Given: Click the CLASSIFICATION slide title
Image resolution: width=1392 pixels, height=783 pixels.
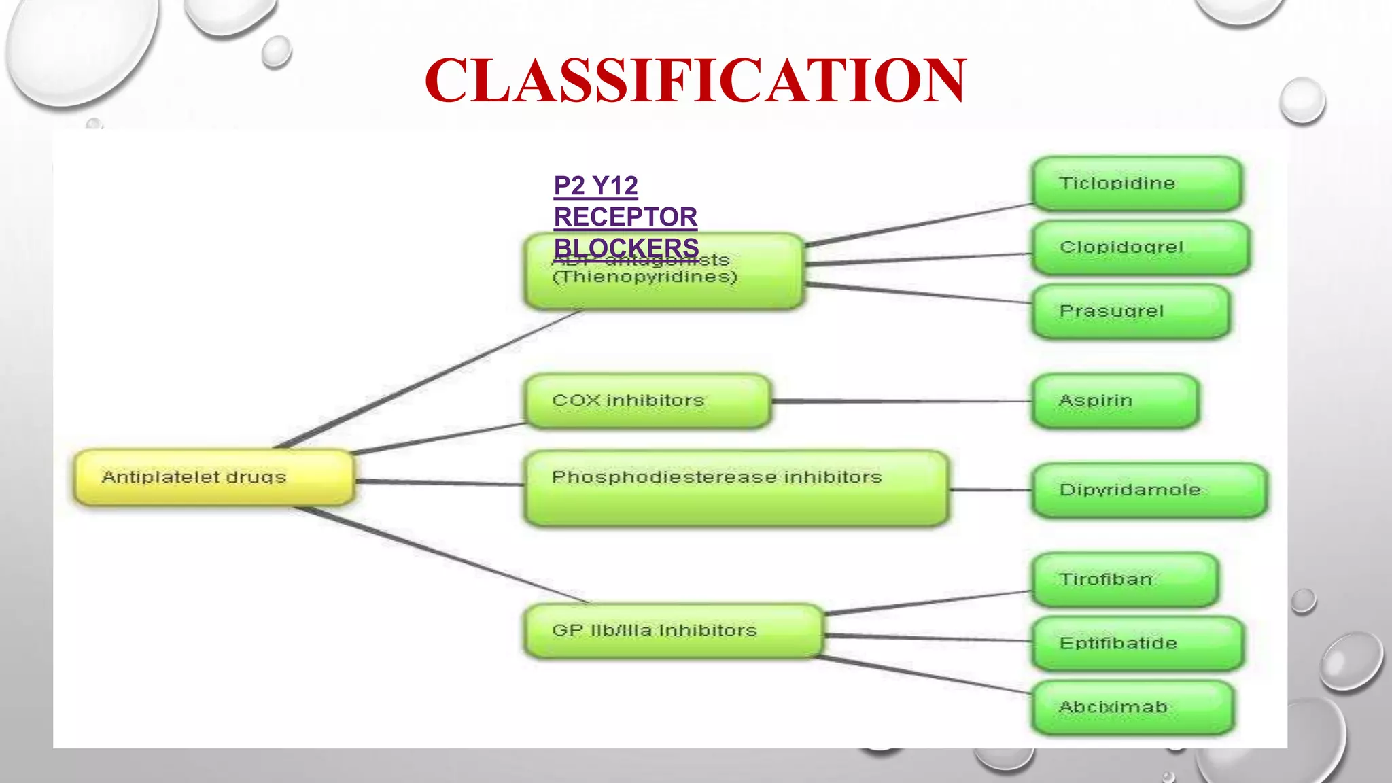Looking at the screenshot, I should tap(695, 80).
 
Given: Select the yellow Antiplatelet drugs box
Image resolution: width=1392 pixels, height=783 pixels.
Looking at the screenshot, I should tap(213, 477).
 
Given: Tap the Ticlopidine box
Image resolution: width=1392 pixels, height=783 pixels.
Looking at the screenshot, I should tap(1136, 183).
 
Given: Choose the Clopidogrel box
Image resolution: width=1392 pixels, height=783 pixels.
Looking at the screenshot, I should tap(1139, 247).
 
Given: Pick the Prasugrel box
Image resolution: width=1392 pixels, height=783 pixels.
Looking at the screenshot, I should tap(1130, 311).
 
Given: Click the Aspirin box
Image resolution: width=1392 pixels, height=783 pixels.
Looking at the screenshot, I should tap(1115, 400).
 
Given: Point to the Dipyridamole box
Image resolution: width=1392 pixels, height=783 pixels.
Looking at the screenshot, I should tap(1149, 490).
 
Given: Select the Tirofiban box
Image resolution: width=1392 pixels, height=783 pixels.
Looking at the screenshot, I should tap(1124, 579).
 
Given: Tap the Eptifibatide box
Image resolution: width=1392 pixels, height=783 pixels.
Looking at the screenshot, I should tap(1136, 643).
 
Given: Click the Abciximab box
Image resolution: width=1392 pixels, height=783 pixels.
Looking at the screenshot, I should tap(1132, 707).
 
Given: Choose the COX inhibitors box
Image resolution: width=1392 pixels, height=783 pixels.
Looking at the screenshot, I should tap(648, 400).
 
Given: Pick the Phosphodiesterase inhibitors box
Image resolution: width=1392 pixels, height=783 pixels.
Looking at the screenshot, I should tap(736, 488).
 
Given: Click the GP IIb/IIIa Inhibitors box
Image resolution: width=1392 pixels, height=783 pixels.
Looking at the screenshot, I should tap(673, 631).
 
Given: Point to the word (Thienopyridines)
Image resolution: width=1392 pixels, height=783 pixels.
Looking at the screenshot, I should tap(644, 277).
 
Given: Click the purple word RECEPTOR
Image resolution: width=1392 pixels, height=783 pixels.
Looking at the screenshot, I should tap(625, 217).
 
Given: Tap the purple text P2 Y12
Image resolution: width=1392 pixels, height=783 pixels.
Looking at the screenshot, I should tap(595, 186).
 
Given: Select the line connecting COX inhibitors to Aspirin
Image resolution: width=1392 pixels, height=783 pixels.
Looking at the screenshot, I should tap(901, 401).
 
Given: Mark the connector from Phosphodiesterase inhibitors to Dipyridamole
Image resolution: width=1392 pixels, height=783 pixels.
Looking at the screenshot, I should tap(990, 489).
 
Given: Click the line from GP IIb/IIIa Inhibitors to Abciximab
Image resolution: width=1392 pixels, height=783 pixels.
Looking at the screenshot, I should tap(924, 674).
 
